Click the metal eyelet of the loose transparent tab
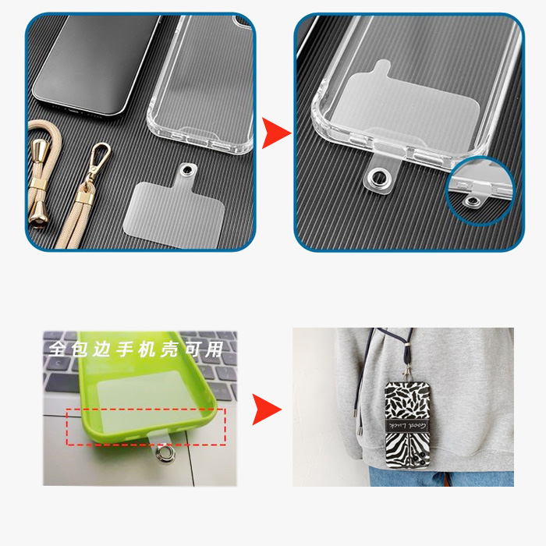tap(188, 170)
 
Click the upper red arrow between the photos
tap(276, 133)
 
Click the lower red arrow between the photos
tap(267, 409)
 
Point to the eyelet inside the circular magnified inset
tap(472, 201)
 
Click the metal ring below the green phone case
tap(165, 454)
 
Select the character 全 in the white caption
tap(56, 349)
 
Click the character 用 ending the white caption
tap(214, 349)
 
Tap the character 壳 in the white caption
tap(169, 349)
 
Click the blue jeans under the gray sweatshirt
tap(441, 477)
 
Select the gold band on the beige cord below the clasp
tap(84, 198)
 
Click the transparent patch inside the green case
tap(147, 400)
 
